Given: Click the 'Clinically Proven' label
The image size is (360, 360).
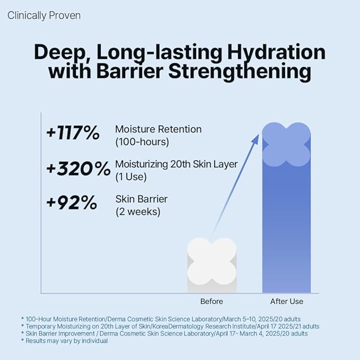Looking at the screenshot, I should [44, 15].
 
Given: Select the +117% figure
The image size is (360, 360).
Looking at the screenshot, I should [73, 134].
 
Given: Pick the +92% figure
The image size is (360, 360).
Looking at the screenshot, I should [71, 203].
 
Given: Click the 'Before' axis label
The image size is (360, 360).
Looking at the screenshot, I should [212, 302].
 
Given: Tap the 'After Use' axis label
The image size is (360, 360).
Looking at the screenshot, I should [287, 302].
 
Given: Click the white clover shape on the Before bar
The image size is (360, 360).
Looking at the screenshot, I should [212, 260].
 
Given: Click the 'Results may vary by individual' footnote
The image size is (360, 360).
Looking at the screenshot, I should [67, 341].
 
